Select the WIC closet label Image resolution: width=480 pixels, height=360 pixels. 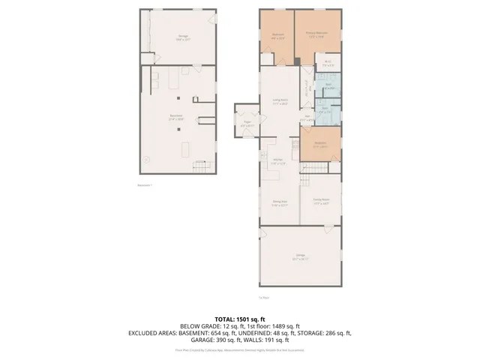point(327,64)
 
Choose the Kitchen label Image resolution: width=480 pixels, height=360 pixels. point(277,161)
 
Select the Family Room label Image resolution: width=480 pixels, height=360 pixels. point(321,201)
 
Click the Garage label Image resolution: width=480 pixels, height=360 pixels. point(300,257)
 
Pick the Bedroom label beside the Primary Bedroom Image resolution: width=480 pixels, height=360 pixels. point(277,34)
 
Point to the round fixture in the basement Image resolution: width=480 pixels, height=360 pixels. point(147,160)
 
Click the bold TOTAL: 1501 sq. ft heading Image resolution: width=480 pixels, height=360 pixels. point(239,319)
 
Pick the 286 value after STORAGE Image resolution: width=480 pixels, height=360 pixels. point(330,333)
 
